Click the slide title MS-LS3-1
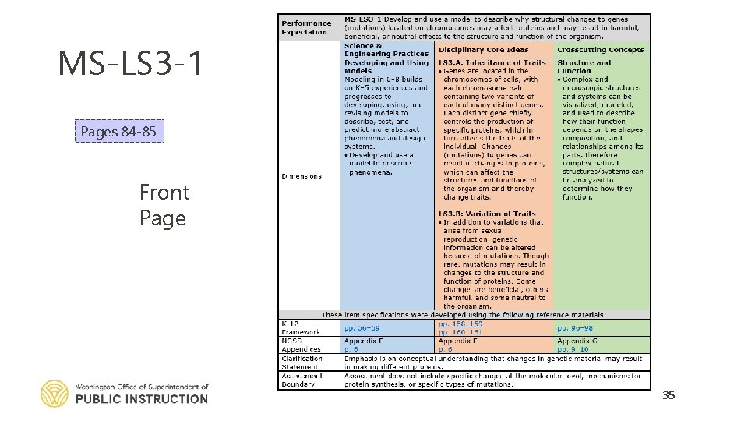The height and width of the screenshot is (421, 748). pos(130,63)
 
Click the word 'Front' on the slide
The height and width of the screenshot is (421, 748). pos(164,192)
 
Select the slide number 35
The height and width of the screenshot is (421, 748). pos(669,395)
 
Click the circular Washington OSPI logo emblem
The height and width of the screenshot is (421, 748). pos(55,394)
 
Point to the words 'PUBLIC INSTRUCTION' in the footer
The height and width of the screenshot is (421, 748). pos(142,399)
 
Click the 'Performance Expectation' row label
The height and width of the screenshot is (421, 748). pos(306,27)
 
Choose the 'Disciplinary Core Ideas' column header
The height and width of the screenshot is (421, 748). pos(484,50)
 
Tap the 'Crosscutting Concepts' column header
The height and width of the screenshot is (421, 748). pos(601,50)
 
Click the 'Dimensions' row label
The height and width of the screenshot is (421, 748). pos(302,176)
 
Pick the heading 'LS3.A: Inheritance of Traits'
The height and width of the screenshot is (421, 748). pos(492,62)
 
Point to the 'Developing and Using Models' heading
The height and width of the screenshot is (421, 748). pos(386,66)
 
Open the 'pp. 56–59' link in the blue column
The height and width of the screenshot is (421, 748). pos(363,328)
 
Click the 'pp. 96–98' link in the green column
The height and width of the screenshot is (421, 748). pos(575,328)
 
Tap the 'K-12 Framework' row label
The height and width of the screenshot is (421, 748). pos(301,327)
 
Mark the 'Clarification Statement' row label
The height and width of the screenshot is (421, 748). pos(302,363)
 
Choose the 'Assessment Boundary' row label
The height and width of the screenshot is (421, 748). pos(301,380)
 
